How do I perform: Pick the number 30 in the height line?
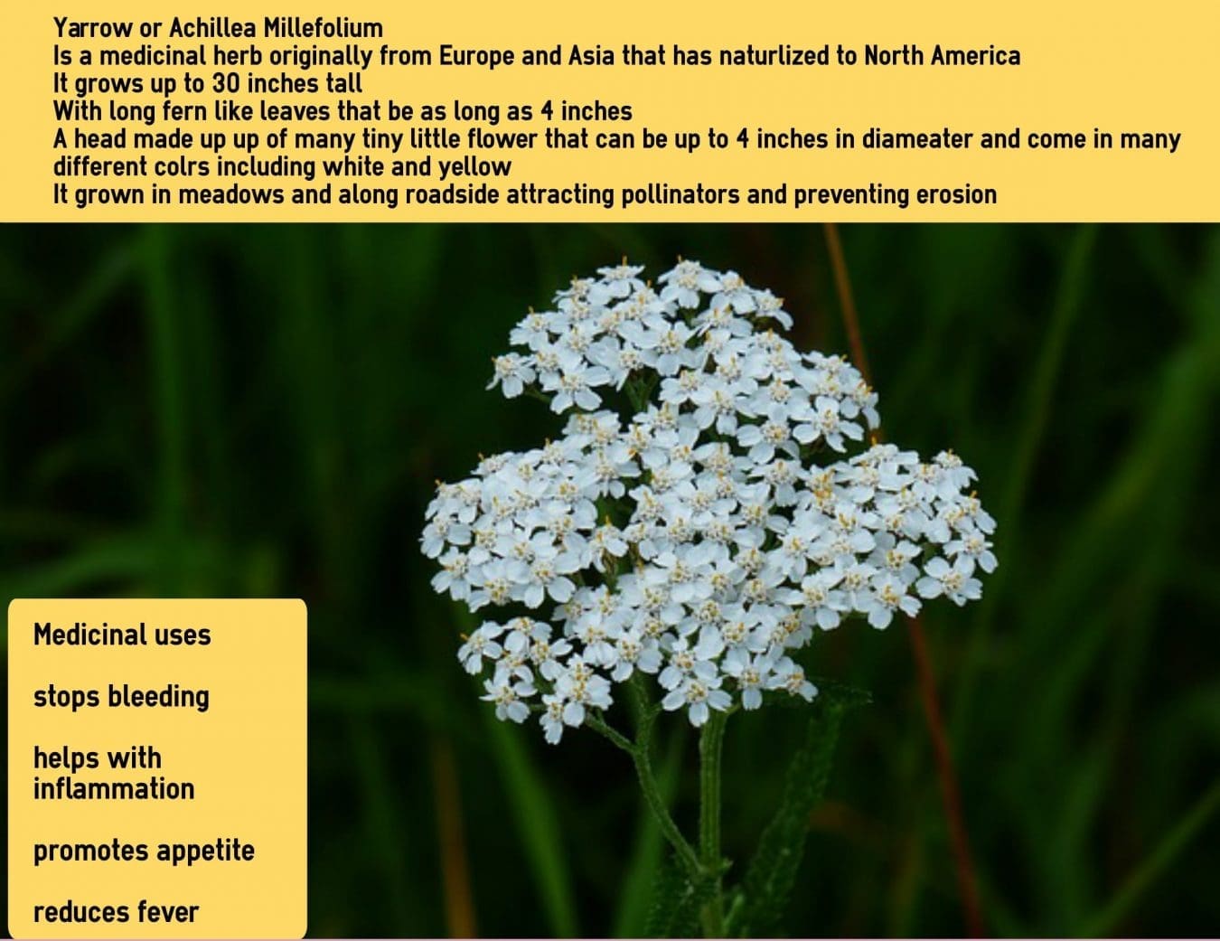point(226,84)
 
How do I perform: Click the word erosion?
point(956,195)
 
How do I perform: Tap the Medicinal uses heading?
point(122,635)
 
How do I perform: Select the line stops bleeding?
point(121,697)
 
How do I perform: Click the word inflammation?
point(114,789)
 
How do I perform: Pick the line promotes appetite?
point(144,852)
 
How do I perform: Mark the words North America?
point(942,55)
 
